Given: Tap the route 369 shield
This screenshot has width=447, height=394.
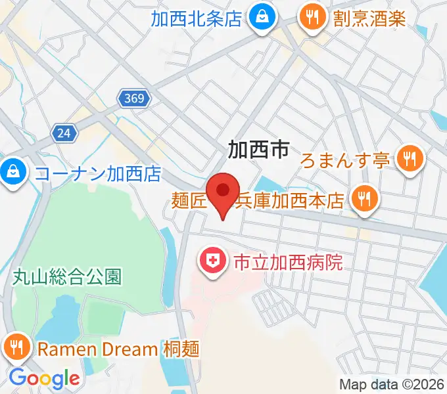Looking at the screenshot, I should [x=135, y=98].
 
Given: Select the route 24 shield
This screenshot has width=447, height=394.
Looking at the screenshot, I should [x=64, y=133].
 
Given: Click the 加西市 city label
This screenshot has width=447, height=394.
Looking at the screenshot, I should [x=258, y=150].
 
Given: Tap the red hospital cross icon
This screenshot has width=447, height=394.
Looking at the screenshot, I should [x=212, y=263].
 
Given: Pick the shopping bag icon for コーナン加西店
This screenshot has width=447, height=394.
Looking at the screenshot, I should [x=12, y=173].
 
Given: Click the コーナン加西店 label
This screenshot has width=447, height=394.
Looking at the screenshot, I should [x=97, y=174].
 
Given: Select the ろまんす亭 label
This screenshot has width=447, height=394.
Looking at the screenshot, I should [x=346, y=160].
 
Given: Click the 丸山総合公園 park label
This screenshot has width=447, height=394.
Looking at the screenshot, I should [x=67, y=276].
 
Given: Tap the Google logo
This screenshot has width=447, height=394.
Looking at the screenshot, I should [x=44, y=378].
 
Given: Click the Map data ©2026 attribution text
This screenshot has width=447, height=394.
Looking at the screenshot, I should [x=392, y=384].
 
